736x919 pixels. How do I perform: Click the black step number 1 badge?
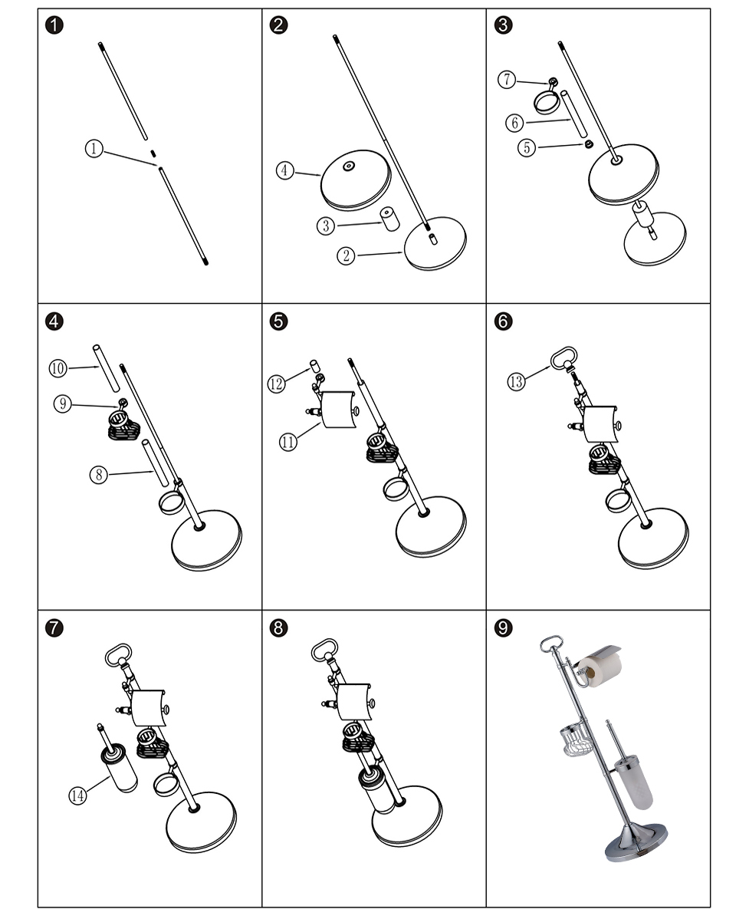point(54,25)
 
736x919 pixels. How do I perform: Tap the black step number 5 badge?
point(279,321)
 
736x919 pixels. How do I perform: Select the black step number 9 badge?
point(503,628)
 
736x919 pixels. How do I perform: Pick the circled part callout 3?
point(326,226)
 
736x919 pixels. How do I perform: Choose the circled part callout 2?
point(347,256)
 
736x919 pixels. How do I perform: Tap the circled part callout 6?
point(515,123)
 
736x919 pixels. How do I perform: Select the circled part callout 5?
point(526,147)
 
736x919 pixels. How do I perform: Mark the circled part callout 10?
point(58,368)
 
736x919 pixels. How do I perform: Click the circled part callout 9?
point(63,404)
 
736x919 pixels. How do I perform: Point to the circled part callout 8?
point(98,475)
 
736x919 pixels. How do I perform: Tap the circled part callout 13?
point(517,380)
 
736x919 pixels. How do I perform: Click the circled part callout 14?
point(78,795)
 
